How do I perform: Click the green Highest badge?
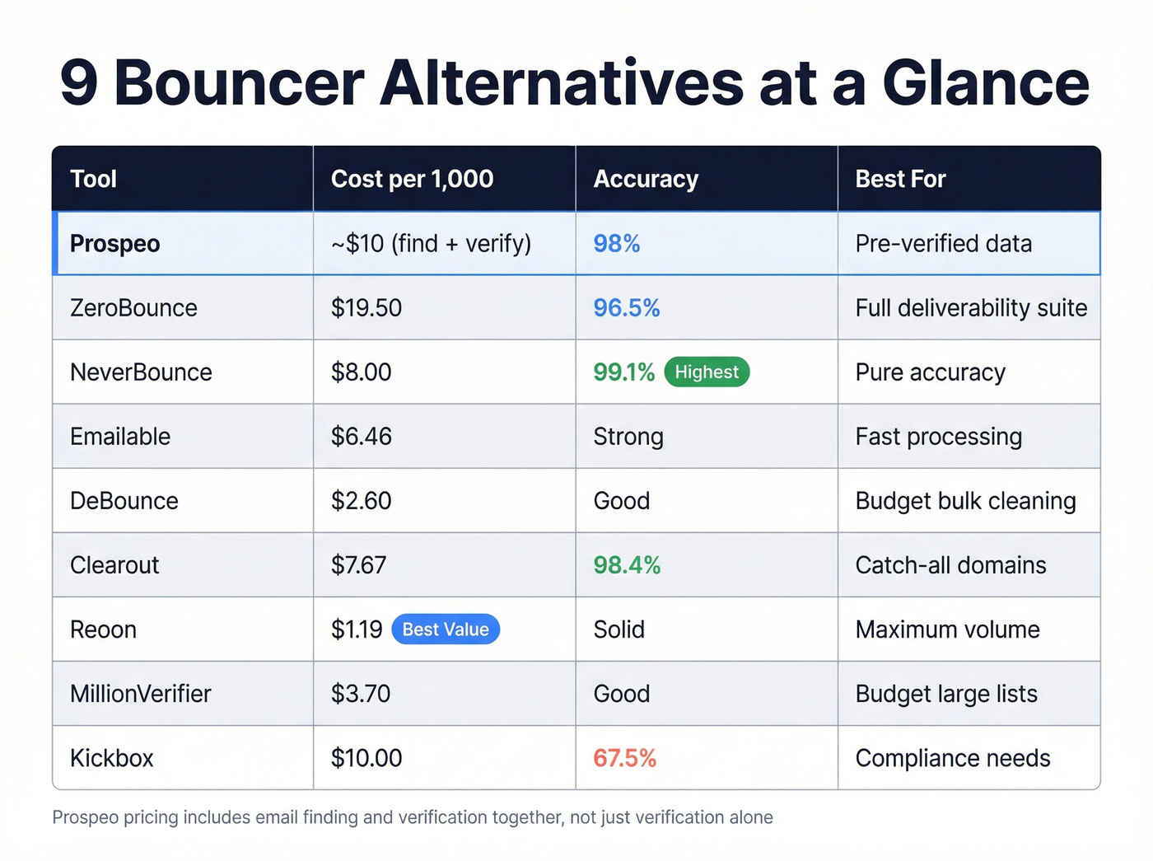click(x=707, y=372)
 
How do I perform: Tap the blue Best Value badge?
click(x=446, y=629)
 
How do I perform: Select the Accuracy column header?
click(x=646, y=179)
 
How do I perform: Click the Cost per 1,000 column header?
click(x=412, y=179)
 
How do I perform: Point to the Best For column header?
click(x=900, y=179)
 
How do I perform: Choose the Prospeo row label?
click(x=115, y=244)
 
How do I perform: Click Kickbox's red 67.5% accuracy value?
click(x=624, y=758)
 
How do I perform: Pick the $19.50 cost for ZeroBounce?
click(x=366, y=308)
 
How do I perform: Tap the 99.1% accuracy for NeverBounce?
click(x=623, y=372)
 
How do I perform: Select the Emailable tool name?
click(x=120, y=437)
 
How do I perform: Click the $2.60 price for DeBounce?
click(x=361, y=501)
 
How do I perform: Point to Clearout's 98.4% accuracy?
click(x=627, y=565)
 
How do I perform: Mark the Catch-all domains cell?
click(x=950, y=565)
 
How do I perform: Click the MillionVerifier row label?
click(x=141, y=694)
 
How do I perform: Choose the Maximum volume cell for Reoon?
click(x=947, y=629)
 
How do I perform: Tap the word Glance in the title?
click(x=986, y=83)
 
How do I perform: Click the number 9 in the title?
click(x=79, y=83)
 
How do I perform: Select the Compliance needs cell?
click(x=953, y=758)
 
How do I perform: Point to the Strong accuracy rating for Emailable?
click(x=628, y=437)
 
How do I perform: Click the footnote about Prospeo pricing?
click(x=413, y=817)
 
